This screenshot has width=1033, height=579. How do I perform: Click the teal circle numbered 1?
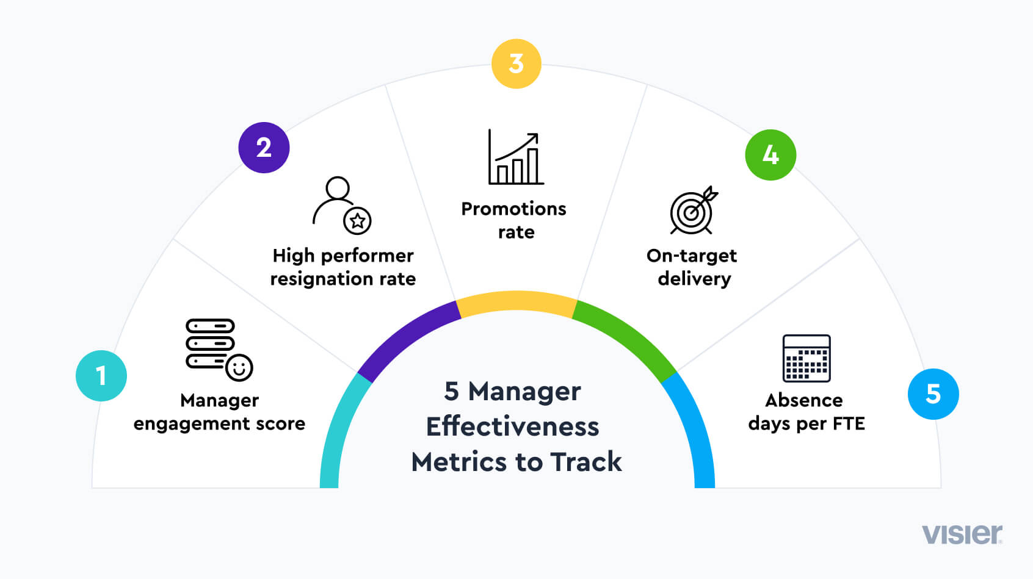101,376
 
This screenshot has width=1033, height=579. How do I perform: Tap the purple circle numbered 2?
264,148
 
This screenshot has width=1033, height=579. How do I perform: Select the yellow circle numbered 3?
516,64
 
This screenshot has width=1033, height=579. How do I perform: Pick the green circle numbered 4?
770,155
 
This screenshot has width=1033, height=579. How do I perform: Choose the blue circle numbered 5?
933,394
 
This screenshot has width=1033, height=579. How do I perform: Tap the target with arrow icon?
693,210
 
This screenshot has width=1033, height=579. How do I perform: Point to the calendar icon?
806,358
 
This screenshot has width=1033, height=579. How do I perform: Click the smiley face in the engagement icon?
239,368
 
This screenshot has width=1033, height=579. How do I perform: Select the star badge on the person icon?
357,220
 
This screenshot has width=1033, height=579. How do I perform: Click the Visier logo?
962,534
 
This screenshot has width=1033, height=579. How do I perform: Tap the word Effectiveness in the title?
513,426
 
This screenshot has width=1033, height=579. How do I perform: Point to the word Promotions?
513,209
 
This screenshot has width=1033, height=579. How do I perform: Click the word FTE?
848,423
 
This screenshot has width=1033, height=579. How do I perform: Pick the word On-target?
692,256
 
